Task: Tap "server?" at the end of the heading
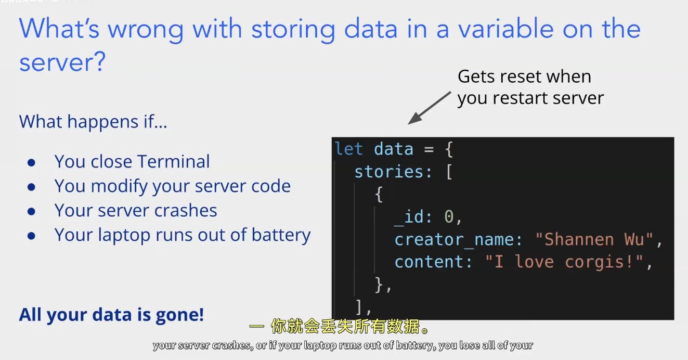[x=62, y=62]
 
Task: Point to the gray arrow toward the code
[x=429, y=108]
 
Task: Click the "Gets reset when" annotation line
[x=524, y=77]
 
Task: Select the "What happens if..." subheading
[x=93, y=122]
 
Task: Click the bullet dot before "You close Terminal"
[x=31, y=162]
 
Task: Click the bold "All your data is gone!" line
[x=111, y=315]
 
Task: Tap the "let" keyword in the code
[x=349, y=149]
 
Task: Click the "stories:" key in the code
[x=393, y=172]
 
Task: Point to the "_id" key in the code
[x=410, y=217]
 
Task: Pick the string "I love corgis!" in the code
[x=564, y=262]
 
